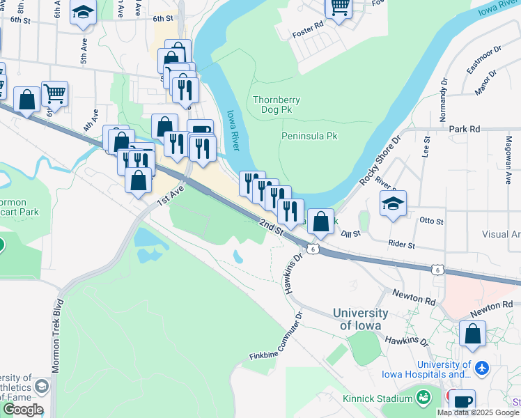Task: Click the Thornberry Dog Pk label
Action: point(277,104)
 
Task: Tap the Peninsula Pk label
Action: point(309,136)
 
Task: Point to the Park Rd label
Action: point(465,129)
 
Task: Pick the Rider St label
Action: point(402,245)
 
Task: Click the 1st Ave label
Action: point(170,195)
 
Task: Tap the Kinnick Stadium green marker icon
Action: point(423,398)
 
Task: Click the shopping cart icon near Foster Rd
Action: point(339,8)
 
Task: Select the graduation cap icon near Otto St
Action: point(394,204)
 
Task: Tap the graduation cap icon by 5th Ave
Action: point(83,13)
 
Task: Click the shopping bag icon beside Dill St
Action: point(320,222)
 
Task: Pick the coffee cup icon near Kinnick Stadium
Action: point(462,402)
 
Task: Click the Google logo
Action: point(23,410)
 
